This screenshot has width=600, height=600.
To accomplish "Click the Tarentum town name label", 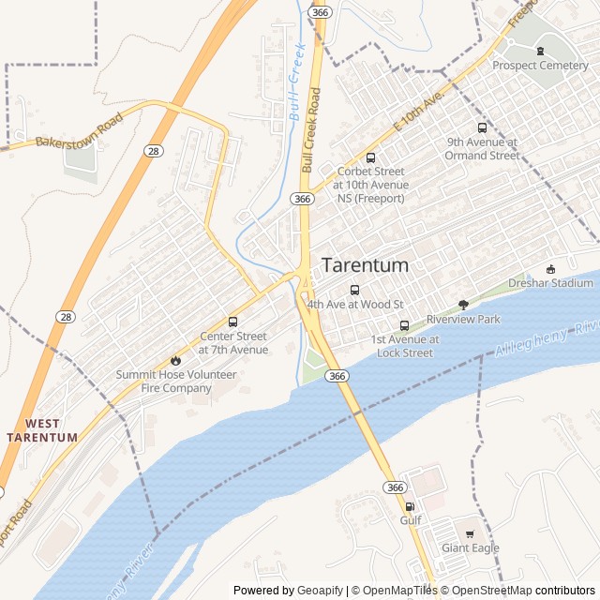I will [365, 265].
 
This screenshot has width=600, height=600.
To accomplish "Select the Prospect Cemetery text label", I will [540, 66].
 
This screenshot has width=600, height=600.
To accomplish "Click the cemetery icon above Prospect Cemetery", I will [540, 50].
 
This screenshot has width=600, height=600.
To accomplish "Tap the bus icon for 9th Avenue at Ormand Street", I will [482, 128].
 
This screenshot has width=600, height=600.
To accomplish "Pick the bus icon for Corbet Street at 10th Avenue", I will [370, 157].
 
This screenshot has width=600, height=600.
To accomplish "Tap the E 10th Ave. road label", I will [417, 114].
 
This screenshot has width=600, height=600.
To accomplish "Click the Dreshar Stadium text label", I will [550, 283].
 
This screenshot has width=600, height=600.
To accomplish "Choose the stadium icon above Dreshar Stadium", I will [550, 269].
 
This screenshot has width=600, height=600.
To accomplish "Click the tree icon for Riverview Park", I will [463, 304].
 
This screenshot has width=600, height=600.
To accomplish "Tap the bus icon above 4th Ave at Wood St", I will [354, 290].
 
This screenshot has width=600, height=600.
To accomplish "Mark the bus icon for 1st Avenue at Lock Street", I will [404, 325].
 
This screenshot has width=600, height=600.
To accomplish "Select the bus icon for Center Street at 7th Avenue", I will [232, 322].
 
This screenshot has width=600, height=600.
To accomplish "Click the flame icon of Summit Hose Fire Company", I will [175, 360].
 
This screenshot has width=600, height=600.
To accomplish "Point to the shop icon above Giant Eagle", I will [471, 533].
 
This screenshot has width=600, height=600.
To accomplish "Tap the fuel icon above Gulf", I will [409, 506].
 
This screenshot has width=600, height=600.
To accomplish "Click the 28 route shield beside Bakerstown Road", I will [153, 151].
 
